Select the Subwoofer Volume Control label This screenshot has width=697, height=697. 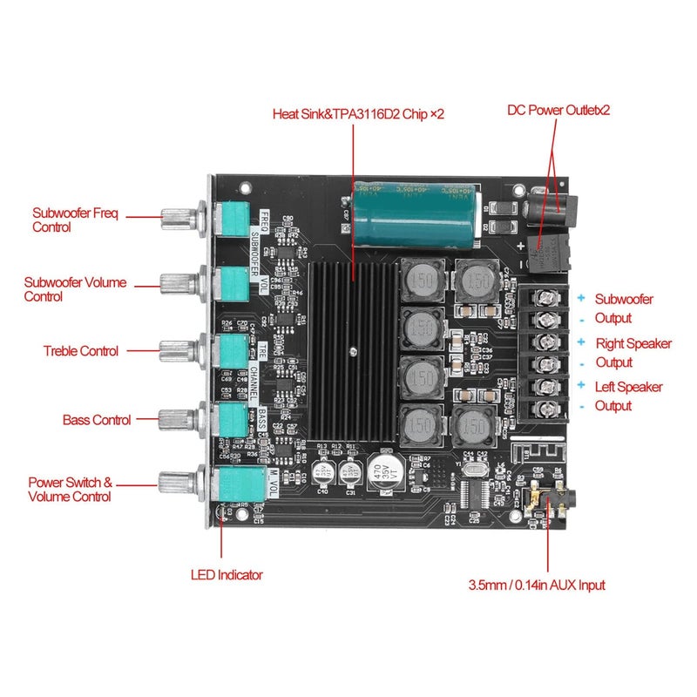[x=75, y=289]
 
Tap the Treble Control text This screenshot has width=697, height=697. [x=80, y=351]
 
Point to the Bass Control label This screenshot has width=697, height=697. [x=97, y=420]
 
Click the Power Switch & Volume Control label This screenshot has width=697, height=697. [x=71, y=489]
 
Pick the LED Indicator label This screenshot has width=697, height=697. [x=227, y=575]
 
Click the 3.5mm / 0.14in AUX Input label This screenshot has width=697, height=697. [x=537, y=585]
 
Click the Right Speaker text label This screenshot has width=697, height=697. [x=633, y=343]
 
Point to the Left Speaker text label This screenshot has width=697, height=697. [x=628, y=387]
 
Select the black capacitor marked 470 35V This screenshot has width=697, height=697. [x=383, y=475]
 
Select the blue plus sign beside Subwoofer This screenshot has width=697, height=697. [x=579, y=297]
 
